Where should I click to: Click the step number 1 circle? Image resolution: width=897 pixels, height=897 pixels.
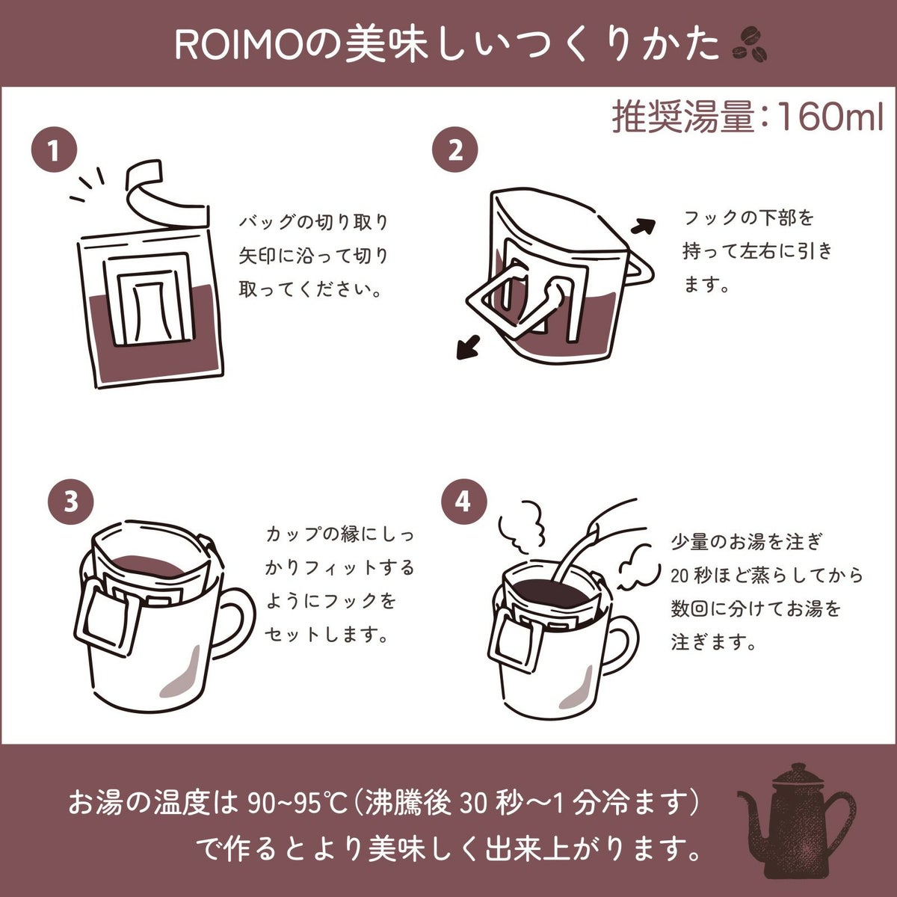tap(54, 150)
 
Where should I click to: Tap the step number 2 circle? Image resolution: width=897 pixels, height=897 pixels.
tap(455, 150)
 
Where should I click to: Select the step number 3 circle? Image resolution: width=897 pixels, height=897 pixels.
tap(71, 502)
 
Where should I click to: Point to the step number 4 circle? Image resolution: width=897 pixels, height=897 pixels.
tap(463, 502)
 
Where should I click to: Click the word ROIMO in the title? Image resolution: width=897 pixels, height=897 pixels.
tap(238, 46)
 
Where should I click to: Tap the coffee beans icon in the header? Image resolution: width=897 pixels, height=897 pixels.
tap(750, 45)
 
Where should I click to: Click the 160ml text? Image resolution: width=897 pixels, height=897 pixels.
tap(830, 117)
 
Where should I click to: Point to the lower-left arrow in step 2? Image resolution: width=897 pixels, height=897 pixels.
tap(468, 347)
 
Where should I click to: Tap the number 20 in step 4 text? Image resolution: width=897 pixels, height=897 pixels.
tap(680, 576)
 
